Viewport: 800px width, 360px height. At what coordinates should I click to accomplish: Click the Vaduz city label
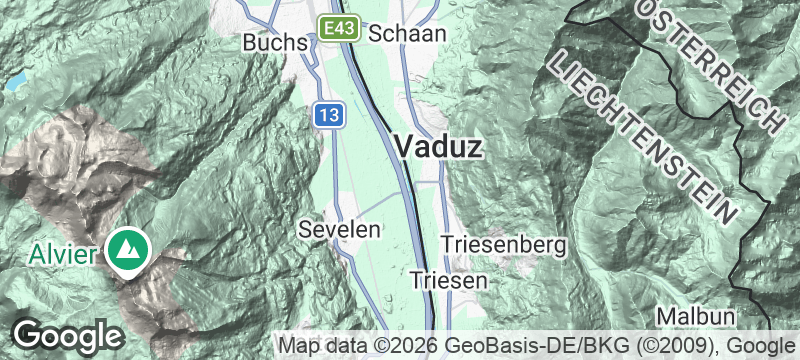[439, 147]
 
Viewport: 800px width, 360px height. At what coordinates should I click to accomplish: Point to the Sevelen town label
[340, 230]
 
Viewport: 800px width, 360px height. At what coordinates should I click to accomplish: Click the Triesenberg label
[503, 244]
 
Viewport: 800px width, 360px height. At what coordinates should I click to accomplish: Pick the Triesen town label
[449, 280]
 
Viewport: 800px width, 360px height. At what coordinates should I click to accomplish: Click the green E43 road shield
[339, 28]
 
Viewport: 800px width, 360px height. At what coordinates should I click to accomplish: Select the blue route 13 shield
[329, 114]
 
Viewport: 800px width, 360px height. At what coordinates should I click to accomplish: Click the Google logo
[67, 335]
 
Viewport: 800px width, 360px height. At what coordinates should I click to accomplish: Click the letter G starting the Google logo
[28, 334]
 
